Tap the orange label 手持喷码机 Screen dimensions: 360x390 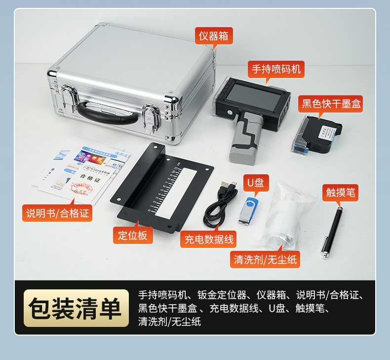click(x=276, y=69)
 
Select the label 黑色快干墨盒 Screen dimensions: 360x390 click(x=331, y=104)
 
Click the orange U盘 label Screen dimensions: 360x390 click(x=255, y=183)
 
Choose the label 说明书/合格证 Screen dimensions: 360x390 click(x=57, y=213)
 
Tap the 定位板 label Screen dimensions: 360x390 click(x=132, y=235)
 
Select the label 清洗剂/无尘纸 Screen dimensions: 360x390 click(x=266, y=259)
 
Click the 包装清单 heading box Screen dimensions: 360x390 click(x=75, y=308)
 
